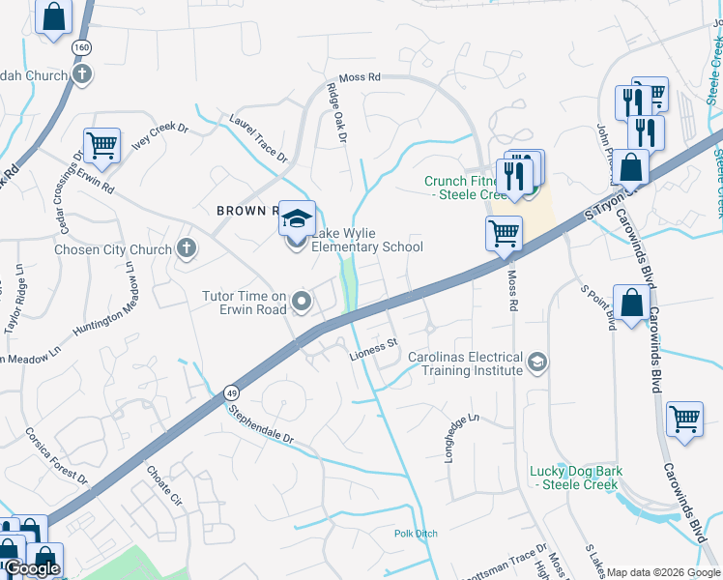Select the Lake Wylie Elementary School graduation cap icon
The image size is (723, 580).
tap(299, 217)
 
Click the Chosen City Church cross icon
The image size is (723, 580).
tap(187, 249)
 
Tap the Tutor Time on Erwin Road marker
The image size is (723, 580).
tap(302, 303)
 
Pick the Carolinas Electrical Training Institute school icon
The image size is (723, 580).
tap(535, 363)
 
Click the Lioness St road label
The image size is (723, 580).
tap(374, 344)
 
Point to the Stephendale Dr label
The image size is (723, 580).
tap(260, 423)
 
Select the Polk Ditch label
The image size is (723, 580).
tap(416, 534)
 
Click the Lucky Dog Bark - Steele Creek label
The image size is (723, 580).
tap(576, 478)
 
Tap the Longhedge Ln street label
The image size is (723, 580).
tap(461, 438)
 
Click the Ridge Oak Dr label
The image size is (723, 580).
tap(335, 113)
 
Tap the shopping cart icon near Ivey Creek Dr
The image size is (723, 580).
tap(101, 146)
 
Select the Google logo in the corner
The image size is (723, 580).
tap(32, 569)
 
